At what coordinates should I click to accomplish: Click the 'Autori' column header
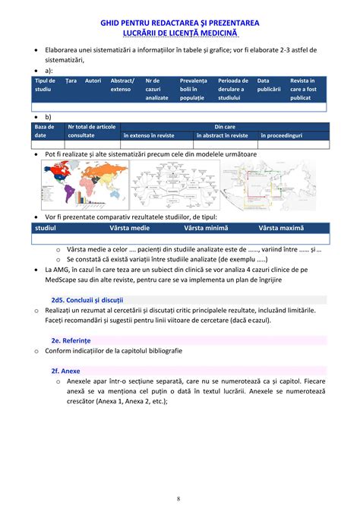click(x=93, y=81)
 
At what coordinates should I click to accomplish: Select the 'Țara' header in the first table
click(x=71, y=81)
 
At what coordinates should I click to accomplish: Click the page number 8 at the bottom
click(x=178, y=498)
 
